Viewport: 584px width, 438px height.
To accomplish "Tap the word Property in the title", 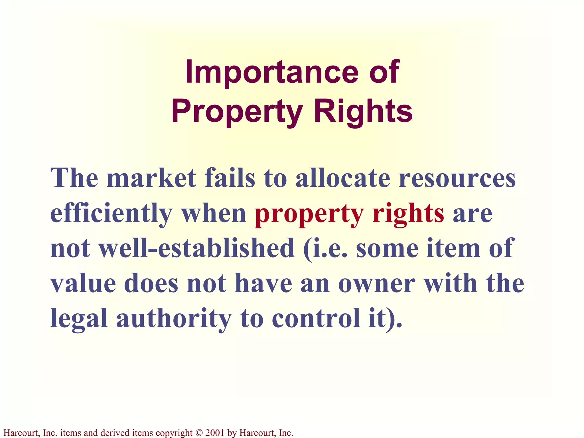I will coord(237,112).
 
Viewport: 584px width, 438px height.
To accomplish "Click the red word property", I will coord(309,214).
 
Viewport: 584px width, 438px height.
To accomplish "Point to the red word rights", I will coord(408,214).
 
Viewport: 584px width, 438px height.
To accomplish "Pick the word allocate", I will coord(342,178).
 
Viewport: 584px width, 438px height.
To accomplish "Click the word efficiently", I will coord(111,214).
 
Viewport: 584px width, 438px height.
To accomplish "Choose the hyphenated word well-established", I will coord(196,248).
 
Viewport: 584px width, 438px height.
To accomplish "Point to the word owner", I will coord(376,284).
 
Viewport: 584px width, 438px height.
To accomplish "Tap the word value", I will coord(83,284).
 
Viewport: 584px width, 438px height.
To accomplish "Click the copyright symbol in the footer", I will coord(199,433).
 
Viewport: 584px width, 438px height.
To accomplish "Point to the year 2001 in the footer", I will coord(214,433).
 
